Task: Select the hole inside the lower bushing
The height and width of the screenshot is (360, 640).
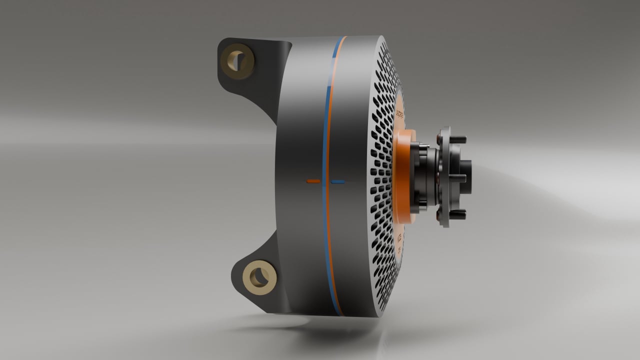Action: [260, 276]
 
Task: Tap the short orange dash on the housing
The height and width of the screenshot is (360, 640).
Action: [313, 180]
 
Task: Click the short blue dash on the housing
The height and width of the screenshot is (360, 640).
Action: [338, 181]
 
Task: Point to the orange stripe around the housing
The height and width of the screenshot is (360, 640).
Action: [332, 100]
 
